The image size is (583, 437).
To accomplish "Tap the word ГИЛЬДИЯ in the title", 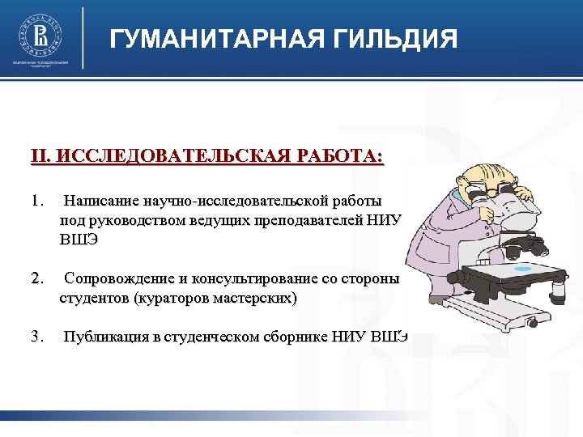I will (387, 38).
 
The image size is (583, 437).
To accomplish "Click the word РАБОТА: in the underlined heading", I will (338, 155).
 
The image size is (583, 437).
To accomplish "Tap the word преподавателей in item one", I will (306, 219).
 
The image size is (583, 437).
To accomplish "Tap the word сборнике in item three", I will (296, 337).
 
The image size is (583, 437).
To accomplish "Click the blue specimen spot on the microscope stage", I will (524, 269).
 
